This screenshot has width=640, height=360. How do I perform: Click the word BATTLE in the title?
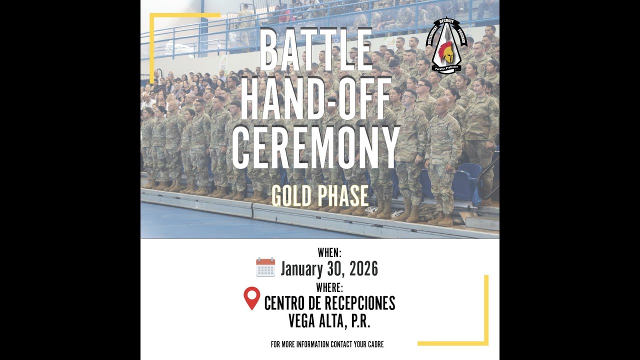316,50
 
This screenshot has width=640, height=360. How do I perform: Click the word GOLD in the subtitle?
292,196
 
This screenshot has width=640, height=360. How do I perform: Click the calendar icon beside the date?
265,267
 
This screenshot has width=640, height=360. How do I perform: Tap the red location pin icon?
251,297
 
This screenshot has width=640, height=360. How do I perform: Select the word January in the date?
301,269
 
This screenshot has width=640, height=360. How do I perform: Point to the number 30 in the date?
333,269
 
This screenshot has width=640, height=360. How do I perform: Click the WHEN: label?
329,253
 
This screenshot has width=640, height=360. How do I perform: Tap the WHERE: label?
329,287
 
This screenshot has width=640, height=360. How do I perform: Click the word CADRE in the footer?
374,344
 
